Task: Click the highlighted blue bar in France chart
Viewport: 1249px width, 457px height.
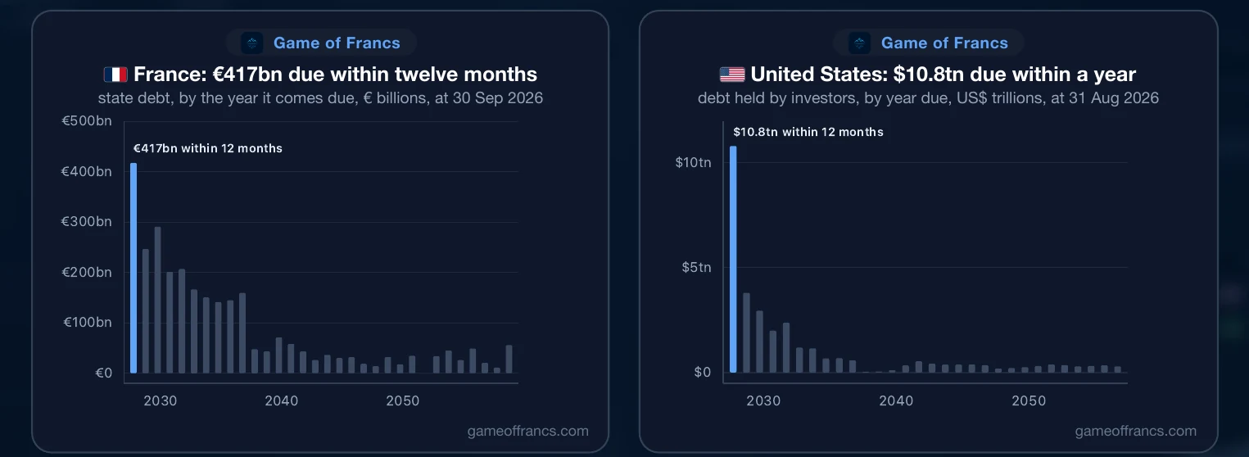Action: pyautogui.click(x=133, y=268)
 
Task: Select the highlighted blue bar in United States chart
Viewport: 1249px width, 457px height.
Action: pyautogui.click(x=733, y=259)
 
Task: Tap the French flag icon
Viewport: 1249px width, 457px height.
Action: pyautogui.click(x=115, y=75)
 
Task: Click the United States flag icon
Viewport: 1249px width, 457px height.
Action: pyautogui.click(x=732, y=75)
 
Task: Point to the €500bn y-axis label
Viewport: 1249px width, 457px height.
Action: pyautogui.click(x=87, y=121)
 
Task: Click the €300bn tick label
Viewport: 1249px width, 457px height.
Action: pyautogui.click(x=87, y=222)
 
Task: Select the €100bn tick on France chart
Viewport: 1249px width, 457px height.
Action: pyautogui.click(x=87, y=322)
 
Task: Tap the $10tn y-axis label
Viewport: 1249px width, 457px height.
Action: pyautogui.click(x=693, y=162)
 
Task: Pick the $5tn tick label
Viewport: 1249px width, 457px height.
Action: pyautogui.click(x=696, y=267)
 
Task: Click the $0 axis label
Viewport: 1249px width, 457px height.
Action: pyautogui.click(x=703, y=372)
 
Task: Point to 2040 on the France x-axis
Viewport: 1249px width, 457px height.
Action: pyautogui.click(x=282, y=400)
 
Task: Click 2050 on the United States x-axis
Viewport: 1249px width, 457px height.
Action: pyautogui.click(x=1029, y=400)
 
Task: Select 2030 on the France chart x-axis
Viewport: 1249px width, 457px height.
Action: pyautogui.click(x=160, y=400)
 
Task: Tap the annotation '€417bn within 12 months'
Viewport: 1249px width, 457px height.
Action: pyautogui.click(x=207, y=148)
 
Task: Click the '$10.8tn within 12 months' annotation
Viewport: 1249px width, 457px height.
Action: pyautogui.click(x=808, y=132)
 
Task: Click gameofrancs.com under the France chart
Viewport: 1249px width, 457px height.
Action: pyautogui.click(x=528, y=431)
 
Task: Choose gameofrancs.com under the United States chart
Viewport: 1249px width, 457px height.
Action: pyautogui.click(x=1136, y=431)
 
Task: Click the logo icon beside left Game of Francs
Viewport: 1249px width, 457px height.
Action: pyautogui.click(x=252, y=43)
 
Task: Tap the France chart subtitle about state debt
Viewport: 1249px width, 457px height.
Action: pyautogui.click(x=320, y=98)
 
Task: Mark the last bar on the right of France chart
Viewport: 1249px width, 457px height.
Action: pyautogui.click(x=509, y=359)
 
